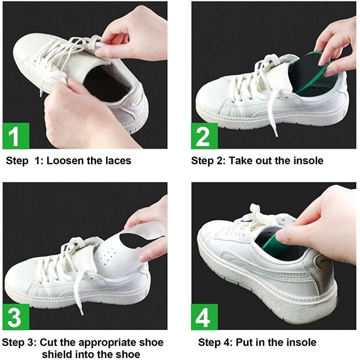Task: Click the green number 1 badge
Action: click(16, 135)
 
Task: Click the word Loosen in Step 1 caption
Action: click(66, 161)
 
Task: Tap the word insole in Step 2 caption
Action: click(309, 161)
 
